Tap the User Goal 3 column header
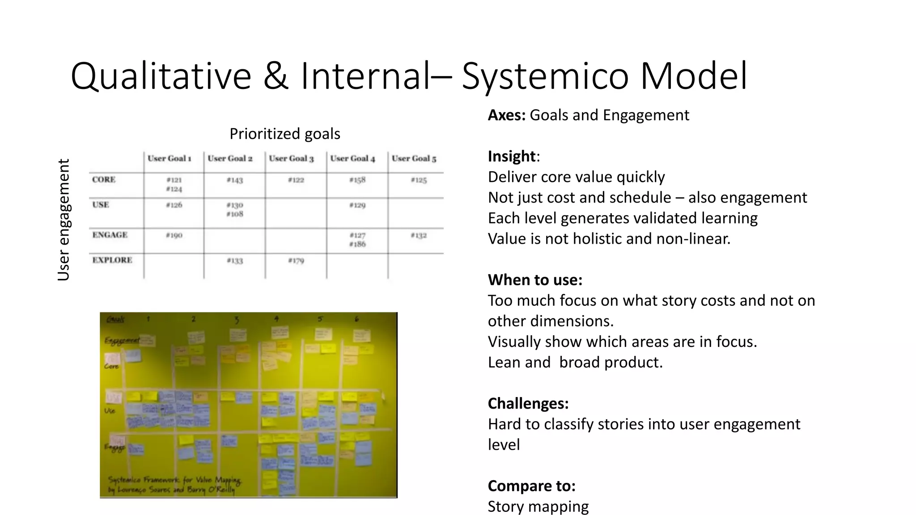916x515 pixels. pyautogui.click(x=291, y=158)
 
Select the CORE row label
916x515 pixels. pyautogui.click(x=104, y=180)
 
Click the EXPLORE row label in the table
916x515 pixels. pyautogui.click(x=112, y=260)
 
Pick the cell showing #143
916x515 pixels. pyautogui.click(x=234, y=180)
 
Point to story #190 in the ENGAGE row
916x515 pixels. pyautogui.click(x=174, y=235)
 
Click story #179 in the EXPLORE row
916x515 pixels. pyautogui.click(x=296, y=261)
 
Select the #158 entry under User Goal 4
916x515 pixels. pyautogui.click(x=357, y=180)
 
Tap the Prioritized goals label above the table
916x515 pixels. pyautogui.click(x=284, y=134)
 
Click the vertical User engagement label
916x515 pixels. pyautogui.click(x=64, y=220)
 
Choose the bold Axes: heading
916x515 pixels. pyautogui.click(x=506, y=115)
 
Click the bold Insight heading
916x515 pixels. pyautogui.click(x=512, y=156)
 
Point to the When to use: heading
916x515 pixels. pyautogui.click(x=535, y=280)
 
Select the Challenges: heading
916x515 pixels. pyautogui.click(x=528, y=403)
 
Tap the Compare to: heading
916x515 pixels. pyautogui.click(x=531, y=485)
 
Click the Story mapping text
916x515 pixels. pyautogui.click(x=538, y=506)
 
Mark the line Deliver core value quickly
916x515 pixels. pyautogui.click(x=576, y=177)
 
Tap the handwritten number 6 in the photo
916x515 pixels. pyautogui.click(x=356, y=319)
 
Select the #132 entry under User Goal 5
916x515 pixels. pyautogui.click(x=419, y=235)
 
